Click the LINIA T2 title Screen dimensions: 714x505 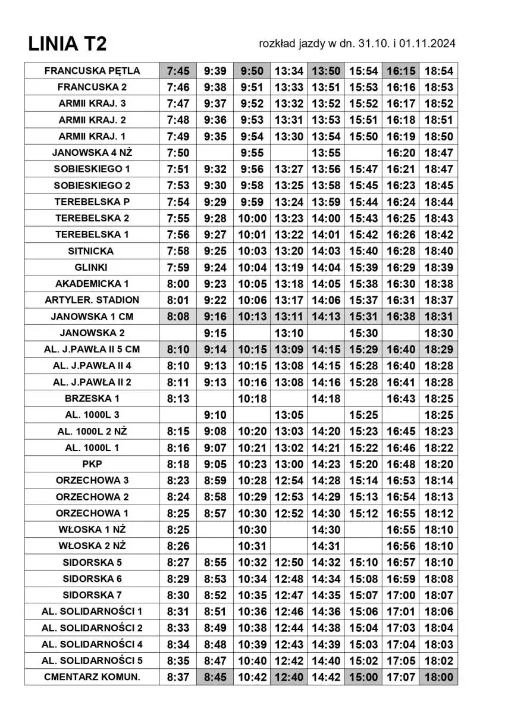pos(67,44)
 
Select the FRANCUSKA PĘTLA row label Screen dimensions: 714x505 pos(92,71)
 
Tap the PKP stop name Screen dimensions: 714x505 pos(92,464)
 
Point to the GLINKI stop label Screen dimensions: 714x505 pos(92,267)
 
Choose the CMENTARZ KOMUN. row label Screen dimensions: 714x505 pos(92,677)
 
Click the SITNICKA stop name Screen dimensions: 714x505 pos(92,251)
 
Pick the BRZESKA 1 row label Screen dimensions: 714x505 pos(92,398)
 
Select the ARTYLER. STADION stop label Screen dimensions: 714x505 pos(92,300)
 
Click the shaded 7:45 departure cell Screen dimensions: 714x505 pos(178,71)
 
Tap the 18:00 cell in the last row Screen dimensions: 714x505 pos(438,677)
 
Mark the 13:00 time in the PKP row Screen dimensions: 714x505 pos(289,464)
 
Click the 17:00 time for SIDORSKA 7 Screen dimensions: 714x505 pos(401,594)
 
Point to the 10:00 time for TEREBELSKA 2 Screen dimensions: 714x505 pos(252,218)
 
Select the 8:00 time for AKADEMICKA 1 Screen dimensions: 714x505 pos(178,284)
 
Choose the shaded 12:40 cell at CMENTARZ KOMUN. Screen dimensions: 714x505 pos(289,677)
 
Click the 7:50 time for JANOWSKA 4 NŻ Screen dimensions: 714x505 pos(178,153)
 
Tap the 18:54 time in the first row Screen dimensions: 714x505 pos(438,71)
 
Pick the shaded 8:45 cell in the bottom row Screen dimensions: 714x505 pos(215,677)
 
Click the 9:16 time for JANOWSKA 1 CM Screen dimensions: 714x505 pos(215,317)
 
